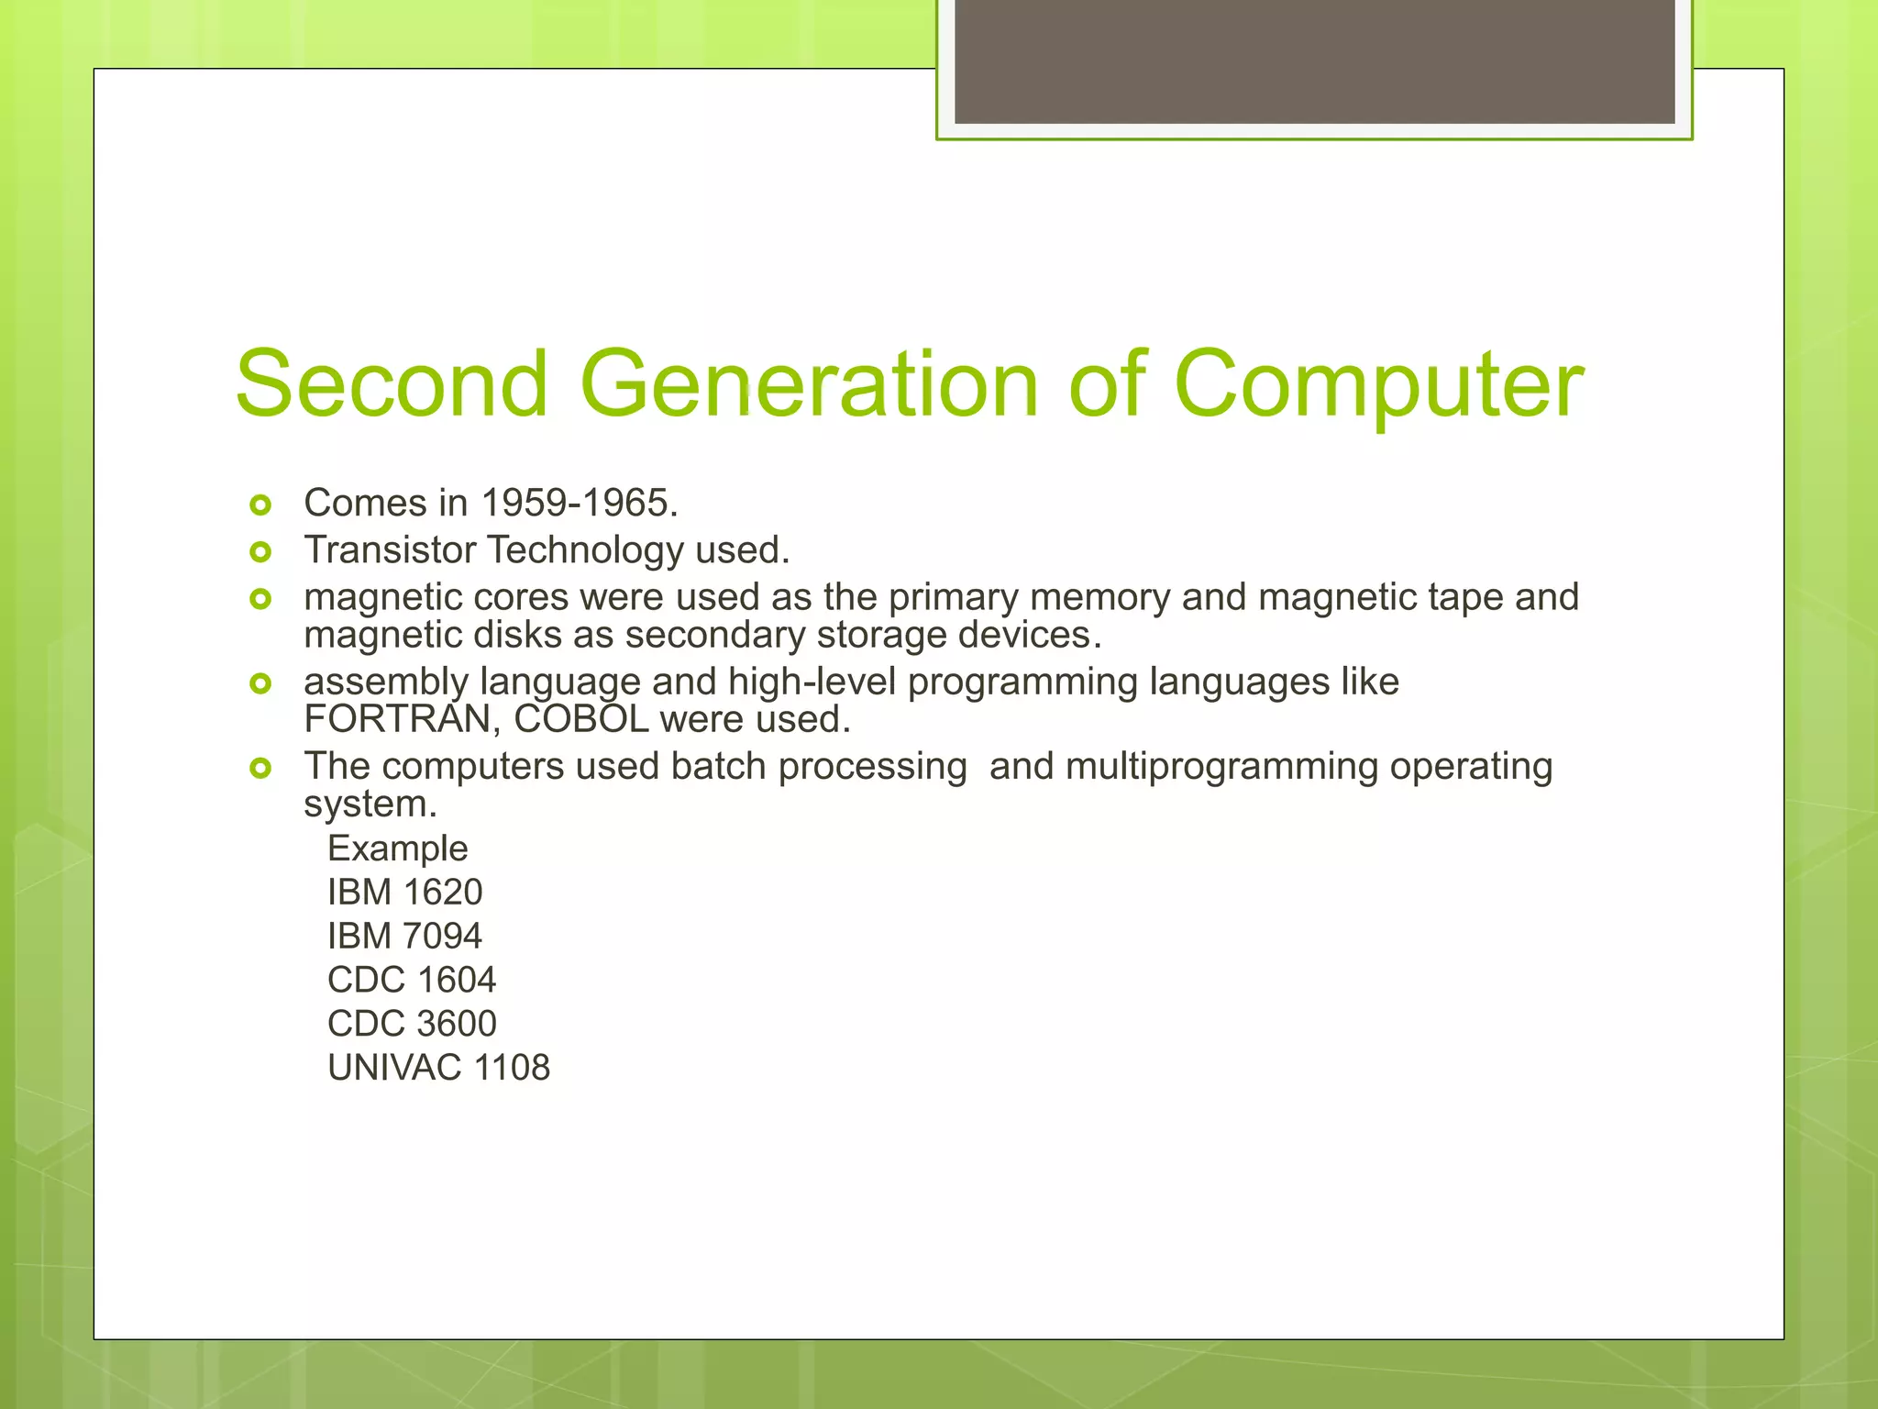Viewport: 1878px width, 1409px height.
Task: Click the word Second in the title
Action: coord(392,383)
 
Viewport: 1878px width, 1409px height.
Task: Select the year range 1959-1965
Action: coord(579,503)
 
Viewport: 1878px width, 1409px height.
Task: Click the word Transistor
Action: coord(391,549)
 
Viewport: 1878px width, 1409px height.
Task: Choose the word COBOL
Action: coord(581,719)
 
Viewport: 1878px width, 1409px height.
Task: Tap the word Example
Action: coord(397,849)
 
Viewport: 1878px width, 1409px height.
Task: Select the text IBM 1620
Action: coord(404,892)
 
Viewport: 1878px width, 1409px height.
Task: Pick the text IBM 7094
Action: coord(404,936)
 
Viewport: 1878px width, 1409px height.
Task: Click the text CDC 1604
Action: coord(412,980)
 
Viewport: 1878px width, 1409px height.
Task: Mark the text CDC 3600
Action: coord(412,1024)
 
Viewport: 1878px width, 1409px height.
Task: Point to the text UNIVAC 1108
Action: coord(438,1068)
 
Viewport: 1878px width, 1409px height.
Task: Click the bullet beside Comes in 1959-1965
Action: coord(260,505)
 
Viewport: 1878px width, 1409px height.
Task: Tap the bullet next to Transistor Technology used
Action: coord(260,551)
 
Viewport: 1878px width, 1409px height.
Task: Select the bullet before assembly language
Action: coord(260,683)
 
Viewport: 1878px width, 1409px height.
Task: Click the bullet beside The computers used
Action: coord(260,768)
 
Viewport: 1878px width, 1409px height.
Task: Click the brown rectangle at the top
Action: coord(1314,61)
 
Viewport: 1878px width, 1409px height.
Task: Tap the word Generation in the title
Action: coord(809,383)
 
